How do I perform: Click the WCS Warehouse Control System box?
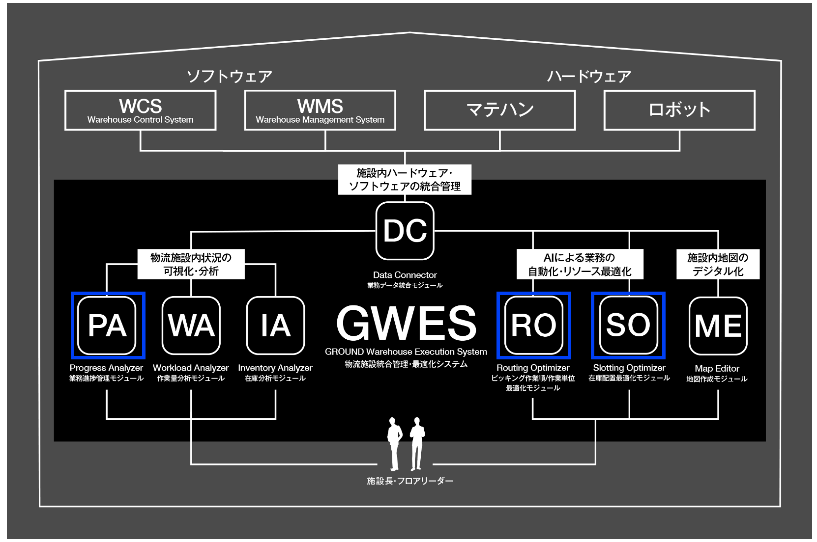pyautogui.click(x=140, y=110)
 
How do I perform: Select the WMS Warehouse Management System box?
pyautogui.click(x=320, y=110)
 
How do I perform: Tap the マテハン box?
pyautogui.click(x=499, y=110)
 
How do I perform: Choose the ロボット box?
pyautogui.click(x=679, y=110)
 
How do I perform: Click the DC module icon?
pyautogui.click(x=405, y=231)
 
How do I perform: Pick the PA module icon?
pyautogui.click(x=107, y=325)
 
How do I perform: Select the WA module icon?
pyautogui.click(x=191, y=325)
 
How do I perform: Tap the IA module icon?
pyautogui.click(x=275, y=325)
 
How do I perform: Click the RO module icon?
pyautogui.click(x=533, y=325)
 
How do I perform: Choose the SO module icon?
pyautogui.click(x=628, y=325)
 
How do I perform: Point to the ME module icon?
pyautogui.click(x=718, y=325)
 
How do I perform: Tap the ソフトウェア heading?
pyautogui.click(x=229, y=76)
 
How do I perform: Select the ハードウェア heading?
pyautogui.click(x=589, y=76)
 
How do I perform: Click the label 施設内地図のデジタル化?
pyautogui.click(x=718, y=264)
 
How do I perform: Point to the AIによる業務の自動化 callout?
pyautogui.click(x=580, y=264)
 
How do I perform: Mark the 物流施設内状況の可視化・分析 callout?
pyautogui.click(x=191, y=264)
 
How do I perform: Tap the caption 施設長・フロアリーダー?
pyautogui.click(x=409, y=481)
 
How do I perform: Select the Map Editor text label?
pyautogui.click(x=717, y=368)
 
